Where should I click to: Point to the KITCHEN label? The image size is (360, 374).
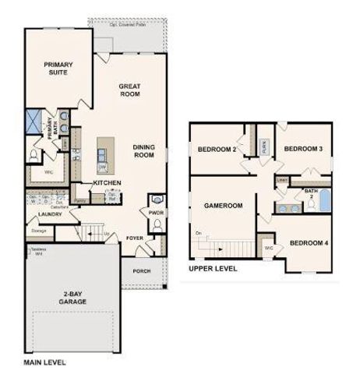click(107, 182)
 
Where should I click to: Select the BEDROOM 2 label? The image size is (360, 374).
click(217, 150)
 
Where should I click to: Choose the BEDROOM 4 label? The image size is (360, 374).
click(309, 243)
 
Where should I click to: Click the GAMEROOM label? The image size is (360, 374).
click(224, 206)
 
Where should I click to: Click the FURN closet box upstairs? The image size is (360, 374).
click(265, 146)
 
